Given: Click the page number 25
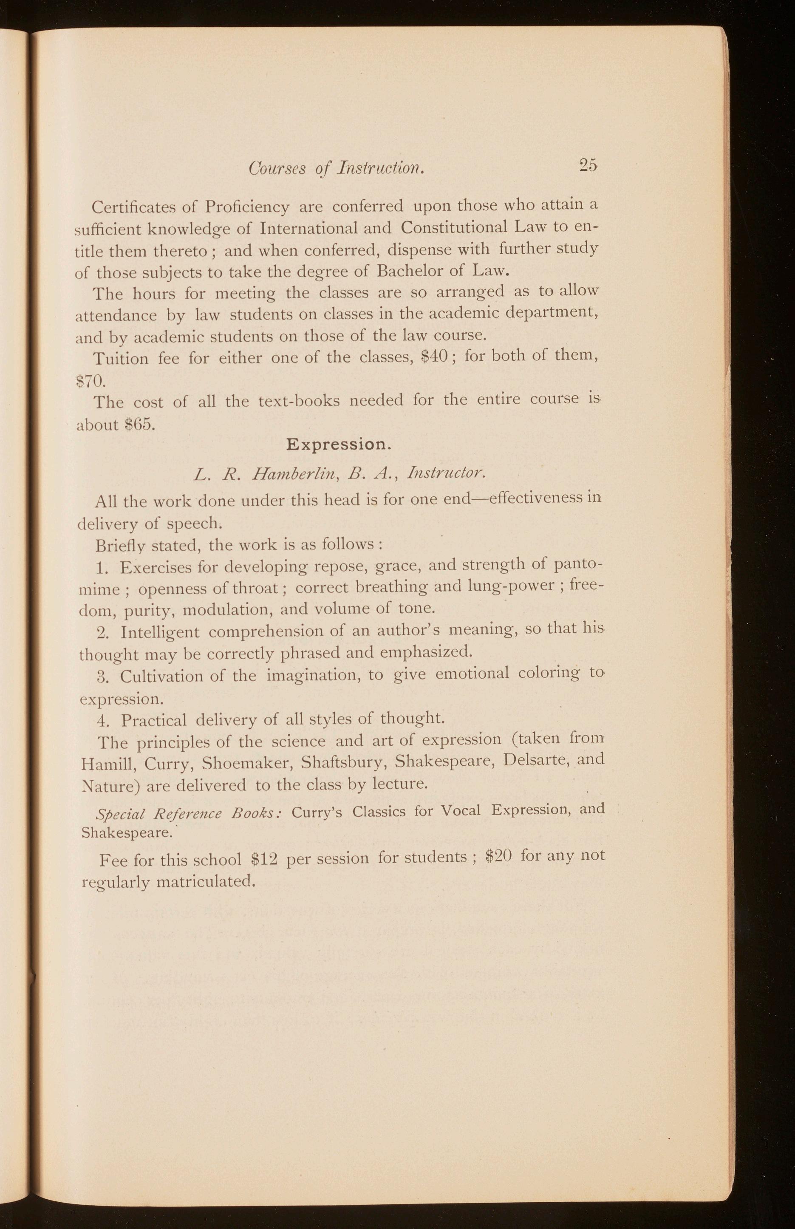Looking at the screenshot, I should pyautogui.click(x=588, y=165).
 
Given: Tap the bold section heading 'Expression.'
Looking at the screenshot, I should pyautogui.click(x=336, y=445).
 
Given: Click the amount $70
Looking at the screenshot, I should pyautogui.click(x=91, y=382).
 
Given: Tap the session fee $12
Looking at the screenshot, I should pyautogui.click(x=264, y=858).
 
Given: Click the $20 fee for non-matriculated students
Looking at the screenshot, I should pyautogui.click(x=499, y=856).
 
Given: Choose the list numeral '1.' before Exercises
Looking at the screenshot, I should pyautogui.click(x=102, y=568).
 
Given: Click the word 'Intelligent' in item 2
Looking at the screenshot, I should pyautogui.click(x=160, y=633).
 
